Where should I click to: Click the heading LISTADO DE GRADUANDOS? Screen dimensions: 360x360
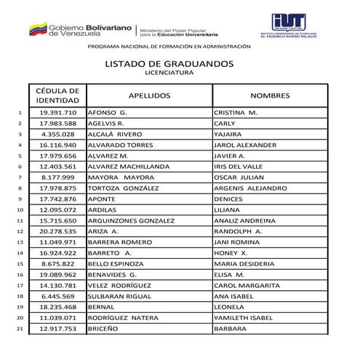tap(169, 64)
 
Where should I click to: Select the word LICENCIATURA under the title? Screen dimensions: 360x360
tap(169, 73)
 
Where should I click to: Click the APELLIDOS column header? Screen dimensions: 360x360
tap(148, 95)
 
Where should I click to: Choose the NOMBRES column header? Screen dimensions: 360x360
tap(270, 95)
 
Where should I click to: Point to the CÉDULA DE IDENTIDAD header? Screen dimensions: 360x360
tap(58, 95)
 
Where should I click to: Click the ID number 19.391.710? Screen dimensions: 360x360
tap(58, 113)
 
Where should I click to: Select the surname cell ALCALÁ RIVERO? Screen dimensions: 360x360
tap(115, 135)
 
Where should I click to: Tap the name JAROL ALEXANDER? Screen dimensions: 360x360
tap(245, 145)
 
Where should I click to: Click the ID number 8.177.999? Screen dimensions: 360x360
tap(58, 177)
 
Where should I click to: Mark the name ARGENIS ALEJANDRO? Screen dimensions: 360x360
tap(250, 188)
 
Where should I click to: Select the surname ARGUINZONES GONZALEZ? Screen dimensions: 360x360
tap(131, 220)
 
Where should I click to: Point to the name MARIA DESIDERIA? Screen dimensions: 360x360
tap(244, 263)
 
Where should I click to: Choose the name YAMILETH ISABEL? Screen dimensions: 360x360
tap(244, 318)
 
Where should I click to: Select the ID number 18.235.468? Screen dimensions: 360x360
tap(58, 307)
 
